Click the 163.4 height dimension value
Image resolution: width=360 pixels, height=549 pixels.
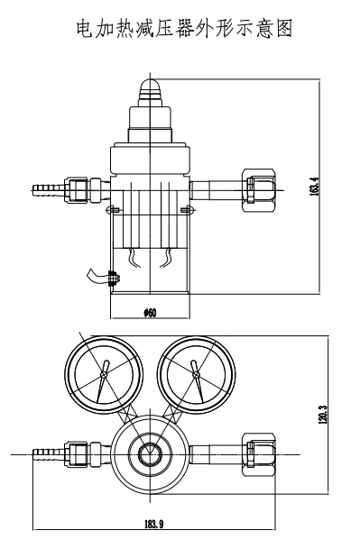pos(314,187)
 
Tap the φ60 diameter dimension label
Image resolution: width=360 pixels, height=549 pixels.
pos(150,313)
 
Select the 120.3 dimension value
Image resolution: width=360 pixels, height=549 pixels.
pos(323,414)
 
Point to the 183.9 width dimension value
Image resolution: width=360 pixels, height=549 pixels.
pos(154,524)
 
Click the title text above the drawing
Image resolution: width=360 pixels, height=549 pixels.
pos(184,29)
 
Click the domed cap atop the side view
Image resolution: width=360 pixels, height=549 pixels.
pos(151,87)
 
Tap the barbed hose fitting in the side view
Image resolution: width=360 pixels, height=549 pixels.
pos(49,190)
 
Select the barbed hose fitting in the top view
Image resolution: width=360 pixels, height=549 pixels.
pos(49,454)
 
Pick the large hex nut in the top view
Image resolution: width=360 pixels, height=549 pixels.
pos(259,454)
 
